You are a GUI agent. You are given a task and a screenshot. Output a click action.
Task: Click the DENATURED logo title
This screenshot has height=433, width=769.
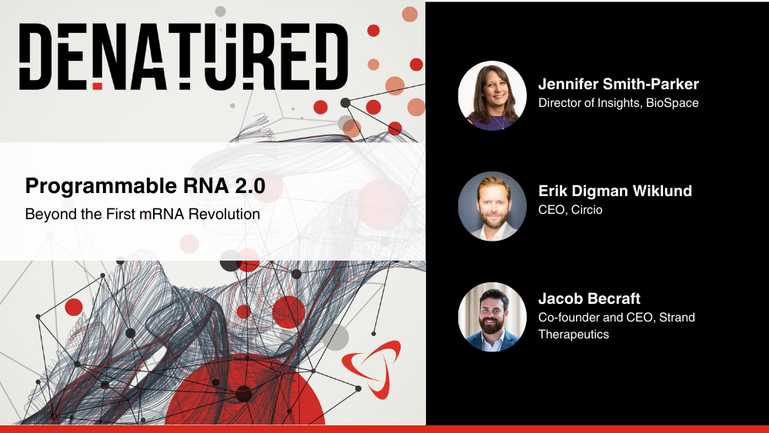coord(184,56)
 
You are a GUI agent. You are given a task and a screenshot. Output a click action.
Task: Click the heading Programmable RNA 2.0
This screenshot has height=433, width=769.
coord(145,186)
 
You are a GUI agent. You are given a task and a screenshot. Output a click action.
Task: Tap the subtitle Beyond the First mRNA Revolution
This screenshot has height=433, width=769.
coord(142,215)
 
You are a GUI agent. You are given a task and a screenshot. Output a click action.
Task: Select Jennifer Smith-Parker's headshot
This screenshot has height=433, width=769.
coord(492,95)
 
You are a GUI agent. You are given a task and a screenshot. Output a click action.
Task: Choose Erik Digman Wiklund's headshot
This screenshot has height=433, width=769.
coord(492,206)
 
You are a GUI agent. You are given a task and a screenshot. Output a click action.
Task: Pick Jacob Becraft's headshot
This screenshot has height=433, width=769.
coord(492,317)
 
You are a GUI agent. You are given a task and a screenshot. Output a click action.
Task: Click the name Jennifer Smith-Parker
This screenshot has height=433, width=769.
coord(618,84)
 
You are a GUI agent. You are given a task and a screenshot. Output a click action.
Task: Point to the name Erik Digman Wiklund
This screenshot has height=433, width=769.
coord(615,191)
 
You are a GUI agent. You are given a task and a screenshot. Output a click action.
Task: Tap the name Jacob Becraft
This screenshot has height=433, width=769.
coord(589,298)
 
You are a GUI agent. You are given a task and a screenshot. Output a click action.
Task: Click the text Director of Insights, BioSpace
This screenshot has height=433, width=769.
coord(618,103)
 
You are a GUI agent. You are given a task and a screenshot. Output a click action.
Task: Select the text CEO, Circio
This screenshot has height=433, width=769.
coord(571,210)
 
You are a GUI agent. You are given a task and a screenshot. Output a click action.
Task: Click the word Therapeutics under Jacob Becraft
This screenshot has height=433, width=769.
coord(574,335)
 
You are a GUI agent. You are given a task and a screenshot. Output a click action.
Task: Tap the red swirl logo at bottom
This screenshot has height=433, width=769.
coord(371,368)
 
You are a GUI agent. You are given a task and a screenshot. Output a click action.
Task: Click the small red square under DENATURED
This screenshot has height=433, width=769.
coord(98,86)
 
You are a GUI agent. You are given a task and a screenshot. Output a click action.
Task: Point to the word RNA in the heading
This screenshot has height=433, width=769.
coord(206,186)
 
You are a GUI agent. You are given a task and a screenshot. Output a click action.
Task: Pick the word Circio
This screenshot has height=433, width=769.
coord(587,210)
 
